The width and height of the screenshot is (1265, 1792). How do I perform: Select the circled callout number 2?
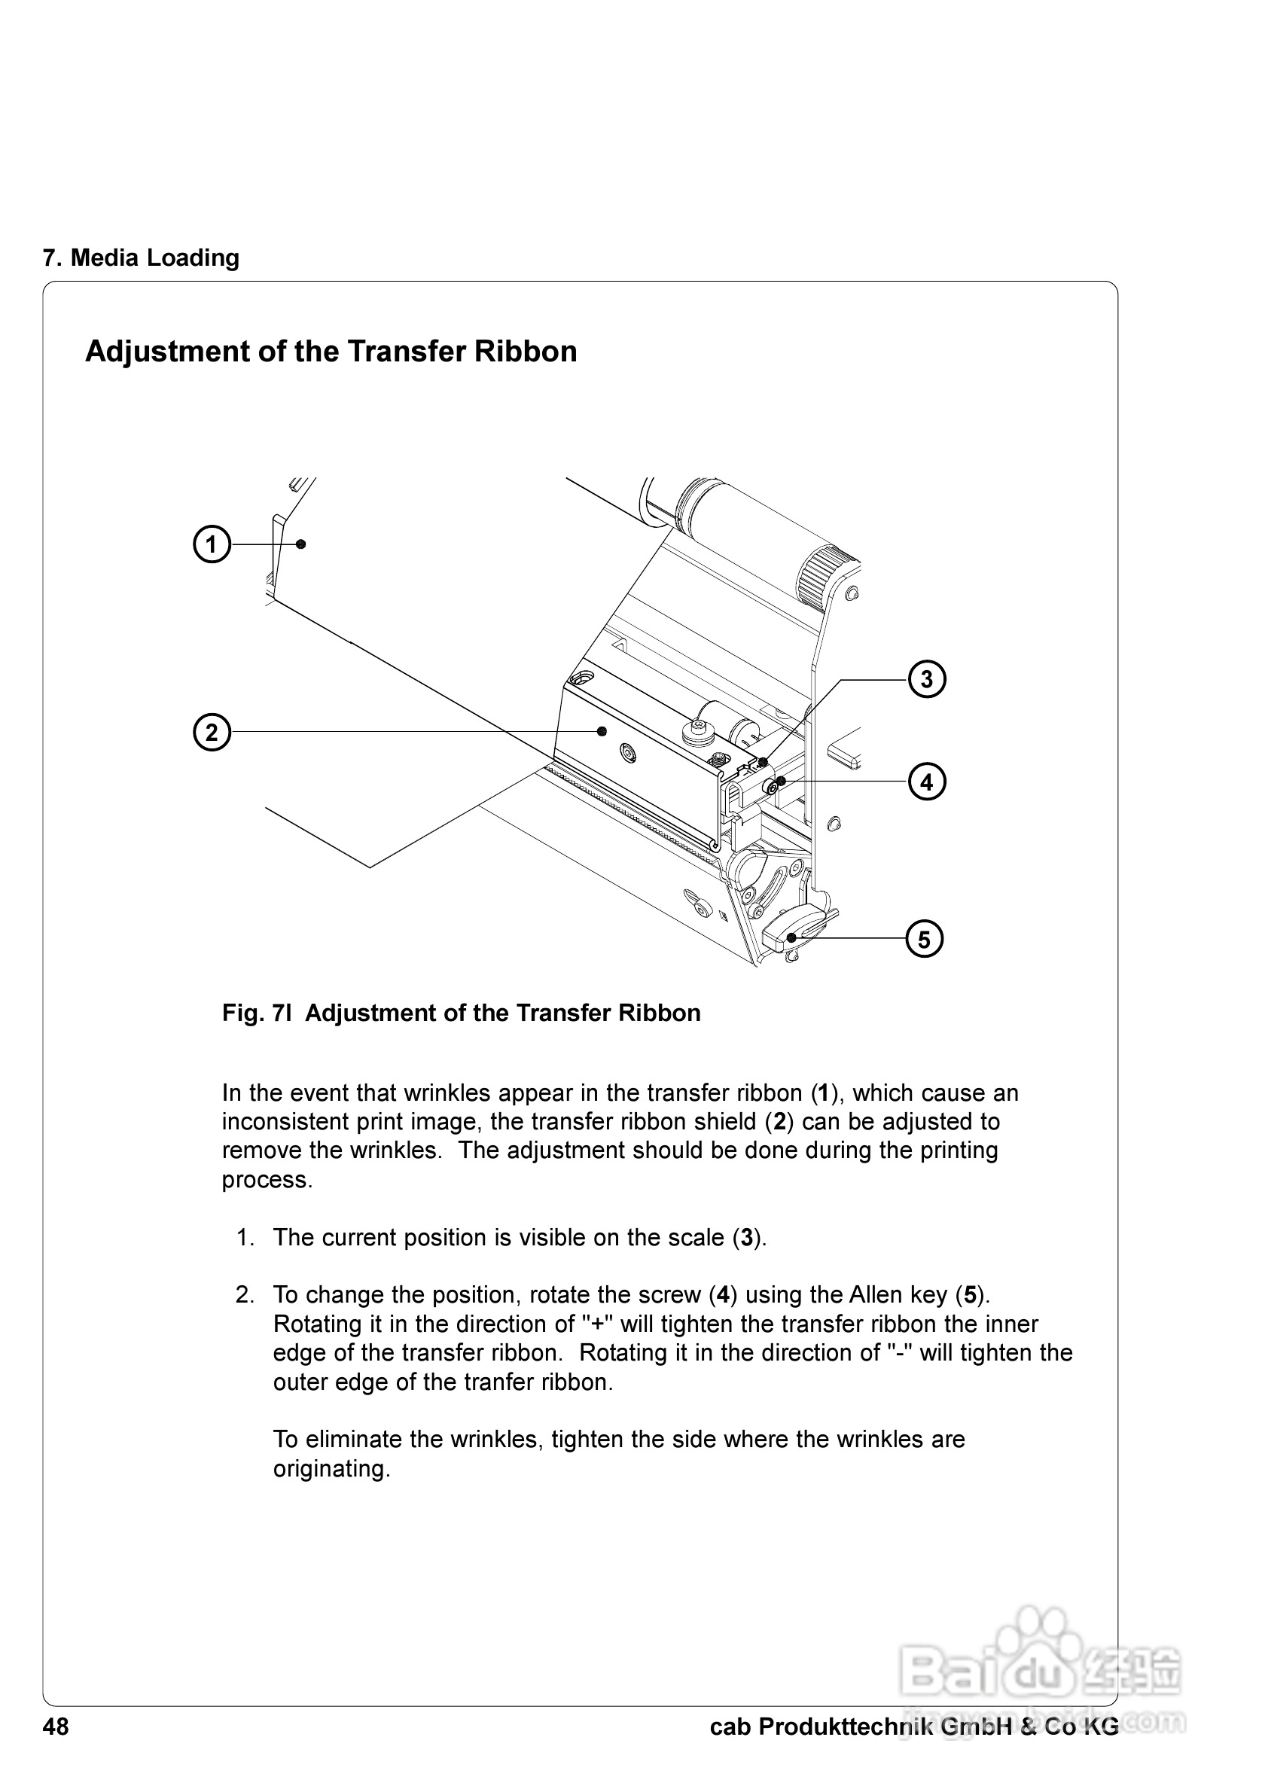point(212,732)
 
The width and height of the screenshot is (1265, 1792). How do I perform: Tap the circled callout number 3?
point(926,679)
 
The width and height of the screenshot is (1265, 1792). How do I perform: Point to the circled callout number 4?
point(926,782)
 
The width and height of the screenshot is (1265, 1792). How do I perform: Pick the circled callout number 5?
point(924,939)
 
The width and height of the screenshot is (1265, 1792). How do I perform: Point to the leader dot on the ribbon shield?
point(602,731)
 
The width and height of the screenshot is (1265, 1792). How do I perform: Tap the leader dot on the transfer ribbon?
point(301,544)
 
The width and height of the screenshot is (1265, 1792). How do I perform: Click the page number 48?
point(56,1727)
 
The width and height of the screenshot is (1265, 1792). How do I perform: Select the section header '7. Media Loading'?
point(141,258)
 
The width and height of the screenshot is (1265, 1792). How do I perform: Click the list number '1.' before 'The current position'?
point(245,1238)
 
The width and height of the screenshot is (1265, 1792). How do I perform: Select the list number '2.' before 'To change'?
point(245,1296)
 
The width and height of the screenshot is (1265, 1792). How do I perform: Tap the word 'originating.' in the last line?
point(331,1470)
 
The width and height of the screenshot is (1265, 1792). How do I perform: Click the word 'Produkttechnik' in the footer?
point(846,1727)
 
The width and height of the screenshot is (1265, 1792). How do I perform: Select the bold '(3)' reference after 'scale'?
point(747,1238)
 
